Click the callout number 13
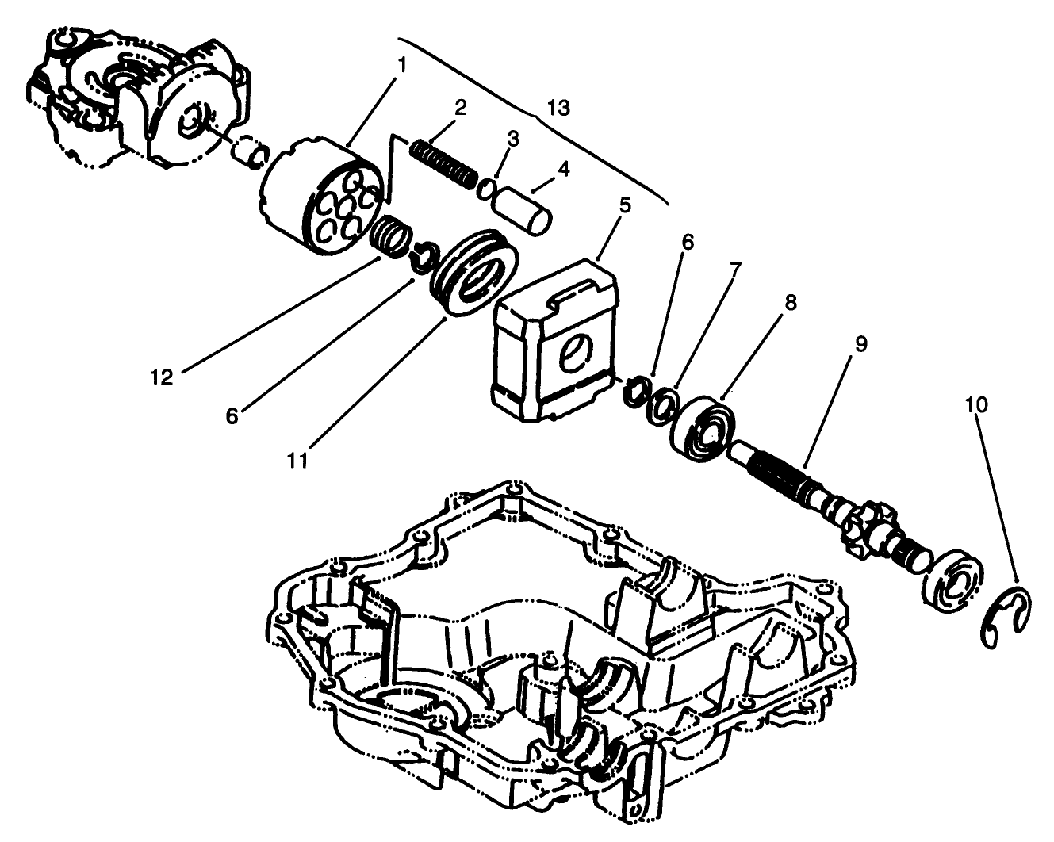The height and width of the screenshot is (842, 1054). click(x=558, y=108)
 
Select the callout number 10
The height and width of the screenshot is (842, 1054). click(x=976, y=404)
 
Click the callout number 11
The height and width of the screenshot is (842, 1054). click(x=297, y=460)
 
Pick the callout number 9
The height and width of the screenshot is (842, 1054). click(x=860, y=344)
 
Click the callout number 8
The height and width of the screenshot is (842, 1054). click(x=791, y=302)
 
